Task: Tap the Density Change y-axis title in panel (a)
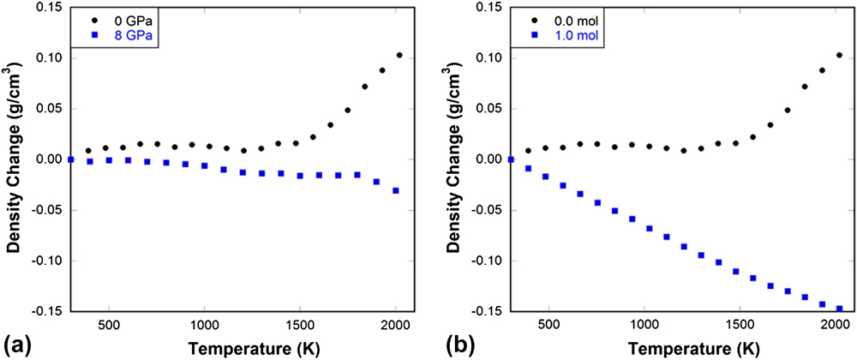(x=15, y=159)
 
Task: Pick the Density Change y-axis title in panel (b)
(x=454, y=159)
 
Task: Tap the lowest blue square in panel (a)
(x=395, y=190)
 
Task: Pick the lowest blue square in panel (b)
(x=839, y=309)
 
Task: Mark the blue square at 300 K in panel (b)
(x=511, y=159)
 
